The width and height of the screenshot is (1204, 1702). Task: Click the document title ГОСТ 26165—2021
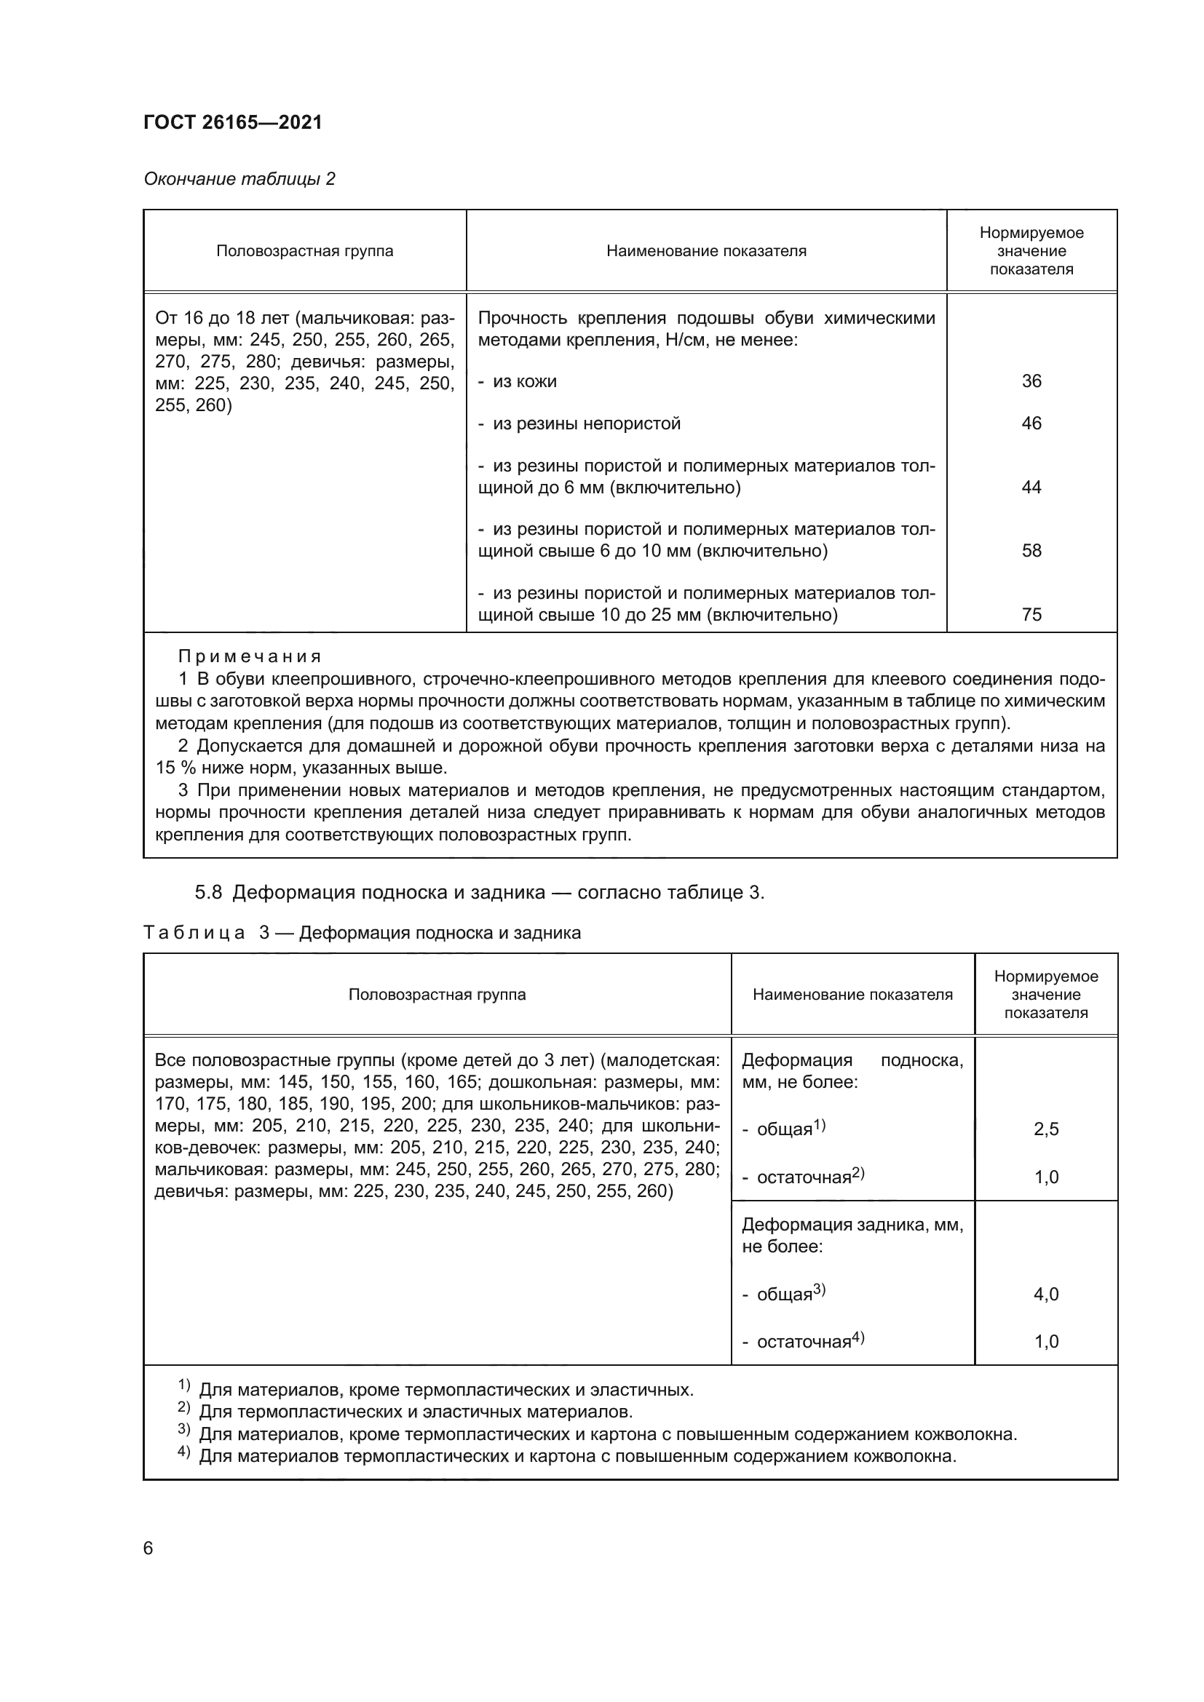(233, 122)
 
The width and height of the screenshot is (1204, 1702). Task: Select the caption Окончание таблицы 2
(239, 179)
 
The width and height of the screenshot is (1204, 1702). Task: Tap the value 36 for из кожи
(1031, 381)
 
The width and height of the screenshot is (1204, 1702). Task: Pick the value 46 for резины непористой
(1031, 423)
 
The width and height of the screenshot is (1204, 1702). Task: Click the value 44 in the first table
(1031, 487)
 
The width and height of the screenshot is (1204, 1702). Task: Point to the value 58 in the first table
(1031, 551)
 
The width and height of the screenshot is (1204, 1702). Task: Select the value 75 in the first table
(1031, 615)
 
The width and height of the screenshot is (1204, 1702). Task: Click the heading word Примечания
(250, 657)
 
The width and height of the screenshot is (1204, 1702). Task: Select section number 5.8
(208, 893)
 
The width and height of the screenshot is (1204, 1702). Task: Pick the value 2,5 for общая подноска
(1046, 1130)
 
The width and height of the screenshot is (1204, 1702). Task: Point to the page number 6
(148, 1548)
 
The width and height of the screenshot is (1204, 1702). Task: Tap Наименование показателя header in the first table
(706, 251)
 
